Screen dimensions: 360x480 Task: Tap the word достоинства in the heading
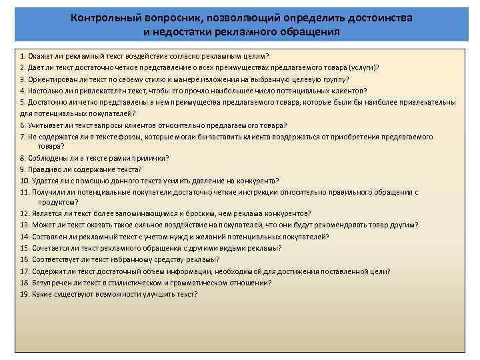pyautogui.click(x=376, y=18)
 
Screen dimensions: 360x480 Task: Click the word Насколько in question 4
pyautogui.click(x=49, y=91)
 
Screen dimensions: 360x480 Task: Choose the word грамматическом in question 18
pyautogui.click(x=195, y=283)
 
